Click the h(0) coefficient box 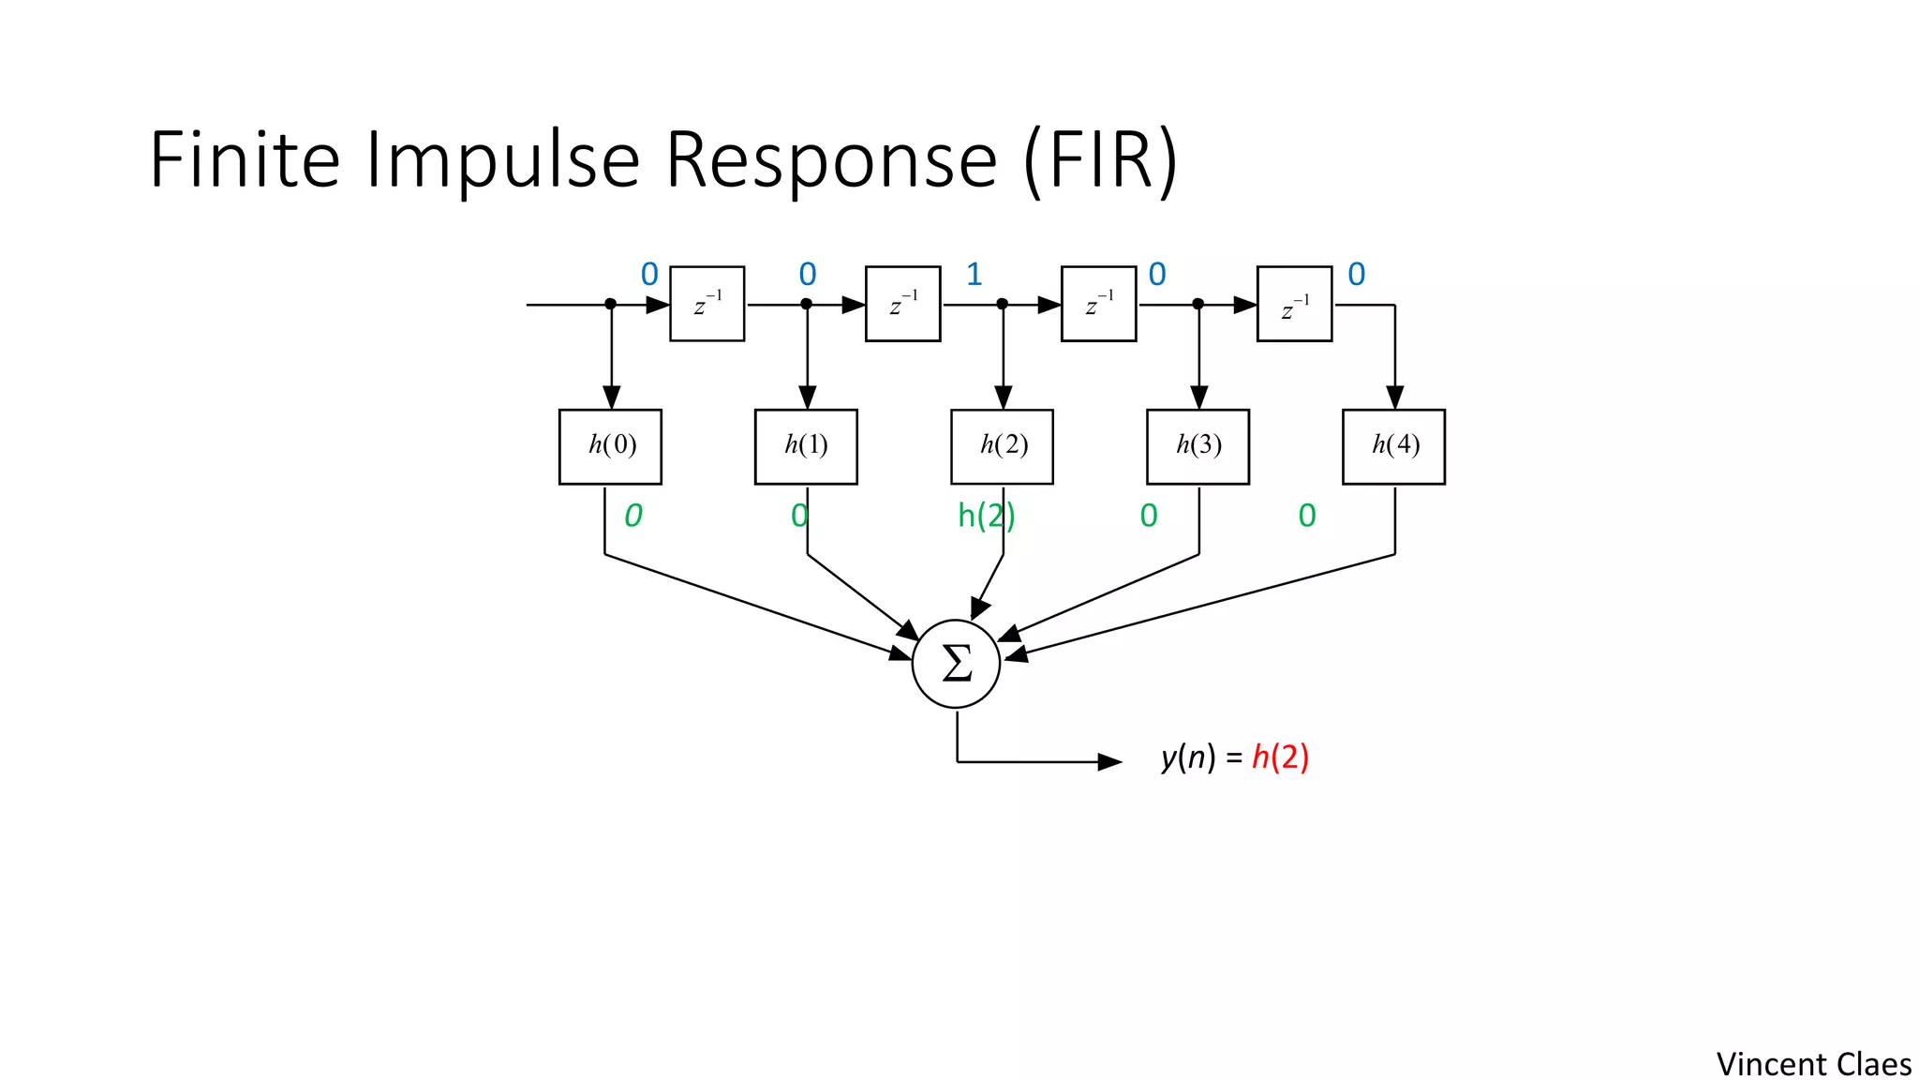click(610, 446)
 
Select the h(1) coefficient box click(806, 446)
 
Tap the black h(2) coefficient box click(1002, 446)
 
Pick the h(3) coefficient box click(1198, 446)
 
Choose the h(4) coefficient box click(1393, 446)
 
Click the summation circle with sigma click(956, 664)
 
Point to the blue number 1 click(974, 275)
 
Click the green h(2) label click(985, 516)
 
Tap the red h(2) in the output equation click(1280, 757)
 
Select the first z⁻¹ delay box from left click(707, 304)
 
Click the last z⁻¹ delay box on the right click(1294, 304)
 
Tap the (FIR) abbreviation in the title click(1100, 161)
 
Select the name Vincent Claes click(1813, 1064)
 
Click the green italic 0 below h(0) click(633, 516)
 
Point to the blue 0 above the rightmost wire click(1356, 275)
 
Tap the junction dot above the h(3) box click(1198, 304)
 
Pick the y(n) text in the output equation click(1187, 757)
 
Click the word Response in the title click(831, 161)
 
